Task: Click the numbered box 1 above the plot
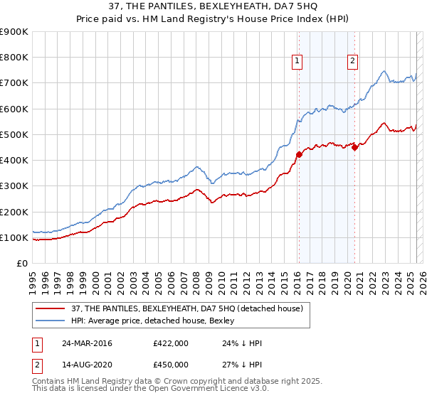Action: click(x=296, y=61)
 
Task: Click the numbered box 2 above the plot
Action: click(x=352, y=61)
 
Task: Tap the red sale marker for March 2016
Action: click(x=299, y=155)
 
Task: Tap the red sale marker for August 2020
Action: click(x=355, y=148)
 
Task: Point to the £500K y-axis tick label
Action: click(x=14, y=134)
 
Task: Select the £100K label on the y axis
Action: click(x=14, y=237)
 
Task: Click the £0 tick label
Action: click(x=21, y=263)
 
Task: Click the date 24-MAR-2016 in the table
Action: click(x=87, y=343)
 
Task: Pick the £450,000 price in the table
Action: click(x=171, y=365)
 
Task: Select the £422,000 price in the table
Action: click(x=171, y=343)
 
